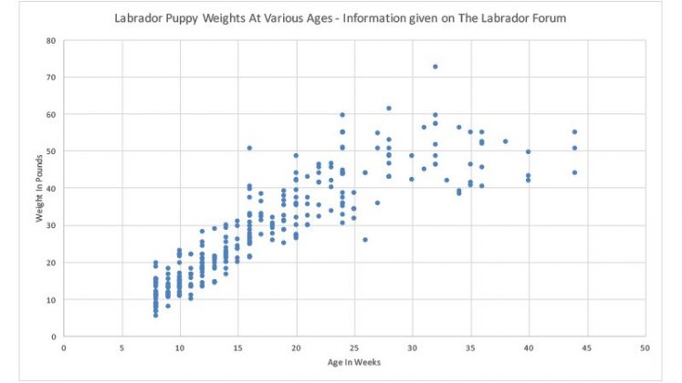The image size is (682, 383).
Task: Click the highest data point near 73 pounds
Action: [x=435, y=67]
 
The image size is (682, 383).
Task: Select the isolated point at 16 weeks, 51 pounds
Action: [x=249, y=148]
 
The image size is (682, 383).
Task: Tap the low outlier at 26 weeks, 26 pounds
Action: [x=365, y=240]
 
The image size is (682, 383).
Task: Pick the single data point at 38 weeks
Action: [x=505, y=141]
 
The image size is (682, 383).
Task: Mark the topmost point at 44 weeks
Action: [x=574, y=132]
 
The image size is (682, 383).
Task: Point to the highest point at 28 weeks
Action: [x=389, y=109]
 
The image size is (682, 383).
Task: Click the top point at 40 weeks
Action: [x=528, y=152]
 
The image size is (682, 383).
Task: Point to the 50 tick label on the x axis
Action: [x=645, y=347]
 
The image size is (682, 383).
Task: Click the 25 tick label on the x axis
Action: [x=353, y=347]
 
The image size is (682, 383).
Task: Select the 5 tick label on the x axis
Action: [x=121, y=347]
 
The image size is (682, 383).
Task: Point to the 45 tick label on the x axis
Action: [x=586, y=347]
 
